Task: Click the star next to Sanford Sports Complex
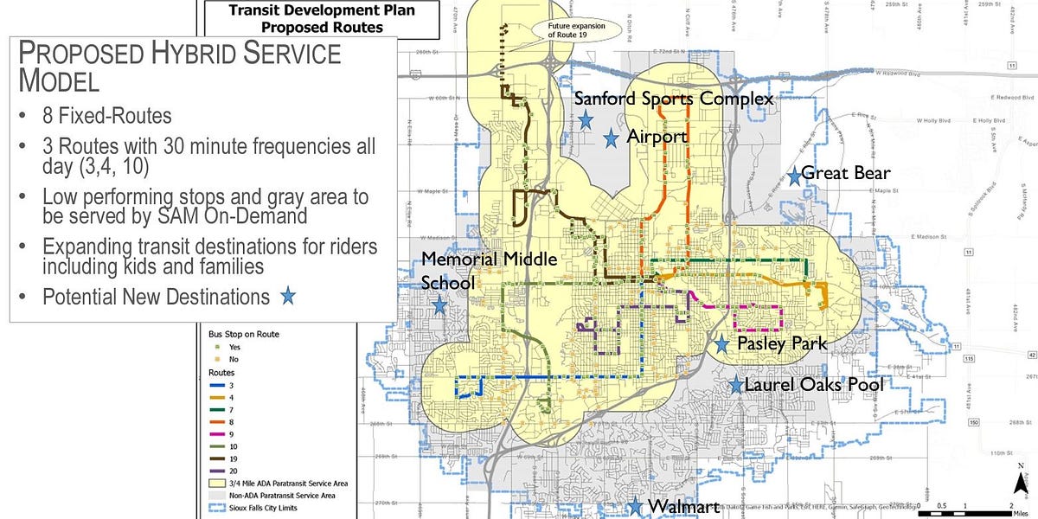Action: point(586,119)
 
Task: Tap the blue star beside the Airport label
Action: point(611,137)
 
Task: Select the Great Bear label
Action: point(845,173)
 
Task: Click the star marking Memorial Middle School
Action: point(439,305)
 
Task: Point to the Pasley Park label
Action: point(781,343)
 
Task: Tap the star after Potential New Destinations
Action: point(288,297)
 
